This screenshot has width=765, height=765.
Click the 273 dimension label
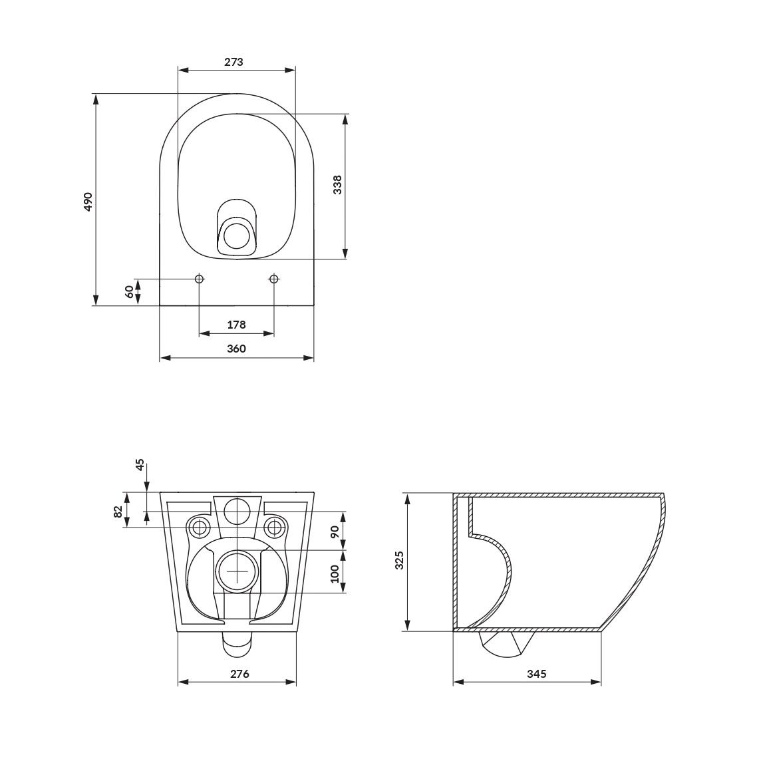pyautogui.click(x=233, y=62)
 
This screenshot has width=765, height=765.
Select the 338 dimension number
pyautogui.click(x=337, y=184)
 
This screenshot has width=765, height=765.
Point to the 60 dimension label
pyautogui.click(x=129, y=291)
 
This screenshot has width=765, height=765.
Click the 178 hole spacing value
pyautogui.click(x=236, y=325)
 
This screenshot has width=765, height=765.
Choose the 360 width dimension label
pyautogui.click(x=236, y=349)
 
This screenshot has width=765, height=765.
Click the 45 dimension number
pyautogui.click(x=140, y=465)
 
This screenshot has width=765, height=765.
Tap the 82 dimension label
pyautogui.click(x=118, y=512)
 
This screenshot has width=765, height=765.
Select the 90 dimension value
pyautogui.click(x=335, y=532)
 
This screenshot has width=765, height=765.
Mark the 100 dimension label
pyautogui.click(x=335, y=572)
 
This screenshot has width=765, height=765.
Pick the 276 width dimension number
pyautogui.click(x=239, y=674)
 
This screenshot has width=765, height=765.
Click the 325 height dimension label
pyautogui.click(x=399, y=560)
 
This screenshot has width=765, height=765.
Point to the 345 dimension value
pyautogui.click(x=536, y=674)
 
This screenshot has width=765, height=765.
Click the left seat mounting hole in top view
pyautogui.click(x=199, y=278)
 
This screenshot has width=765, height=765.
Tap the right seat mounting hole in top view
pyautogui.click(x=273, y=278)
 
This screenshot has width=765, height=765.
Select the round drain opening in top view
pyautogui.click(x=236, y=236)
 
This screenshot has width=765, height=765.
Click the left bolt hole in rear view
pyautogui.click(x=199, y=528)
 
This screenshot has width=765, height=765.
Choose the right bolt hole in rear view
pyautogui.click(x=274, y=528)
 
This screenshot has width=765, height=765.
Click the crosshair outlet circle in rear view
pyautogui.click(x=237, y=571)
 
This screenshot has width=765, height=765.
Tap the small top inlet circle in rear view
pyautogui.click(x=237, y=511)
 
